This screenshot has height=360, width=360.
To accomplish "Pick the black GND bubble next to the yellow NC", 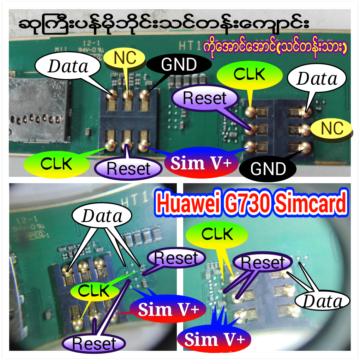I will (179, 64).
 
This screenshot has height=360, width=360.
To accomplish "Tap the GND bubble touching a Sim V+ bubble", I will (268, 169).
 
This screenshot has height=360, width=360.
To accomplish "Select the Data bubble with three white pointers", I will (102, 216).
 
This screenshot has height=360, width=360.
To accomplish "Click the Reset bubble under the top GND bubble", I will (204, 98).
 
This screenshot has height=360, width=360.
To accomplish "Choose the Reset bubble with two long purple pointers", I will (264, 263).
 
